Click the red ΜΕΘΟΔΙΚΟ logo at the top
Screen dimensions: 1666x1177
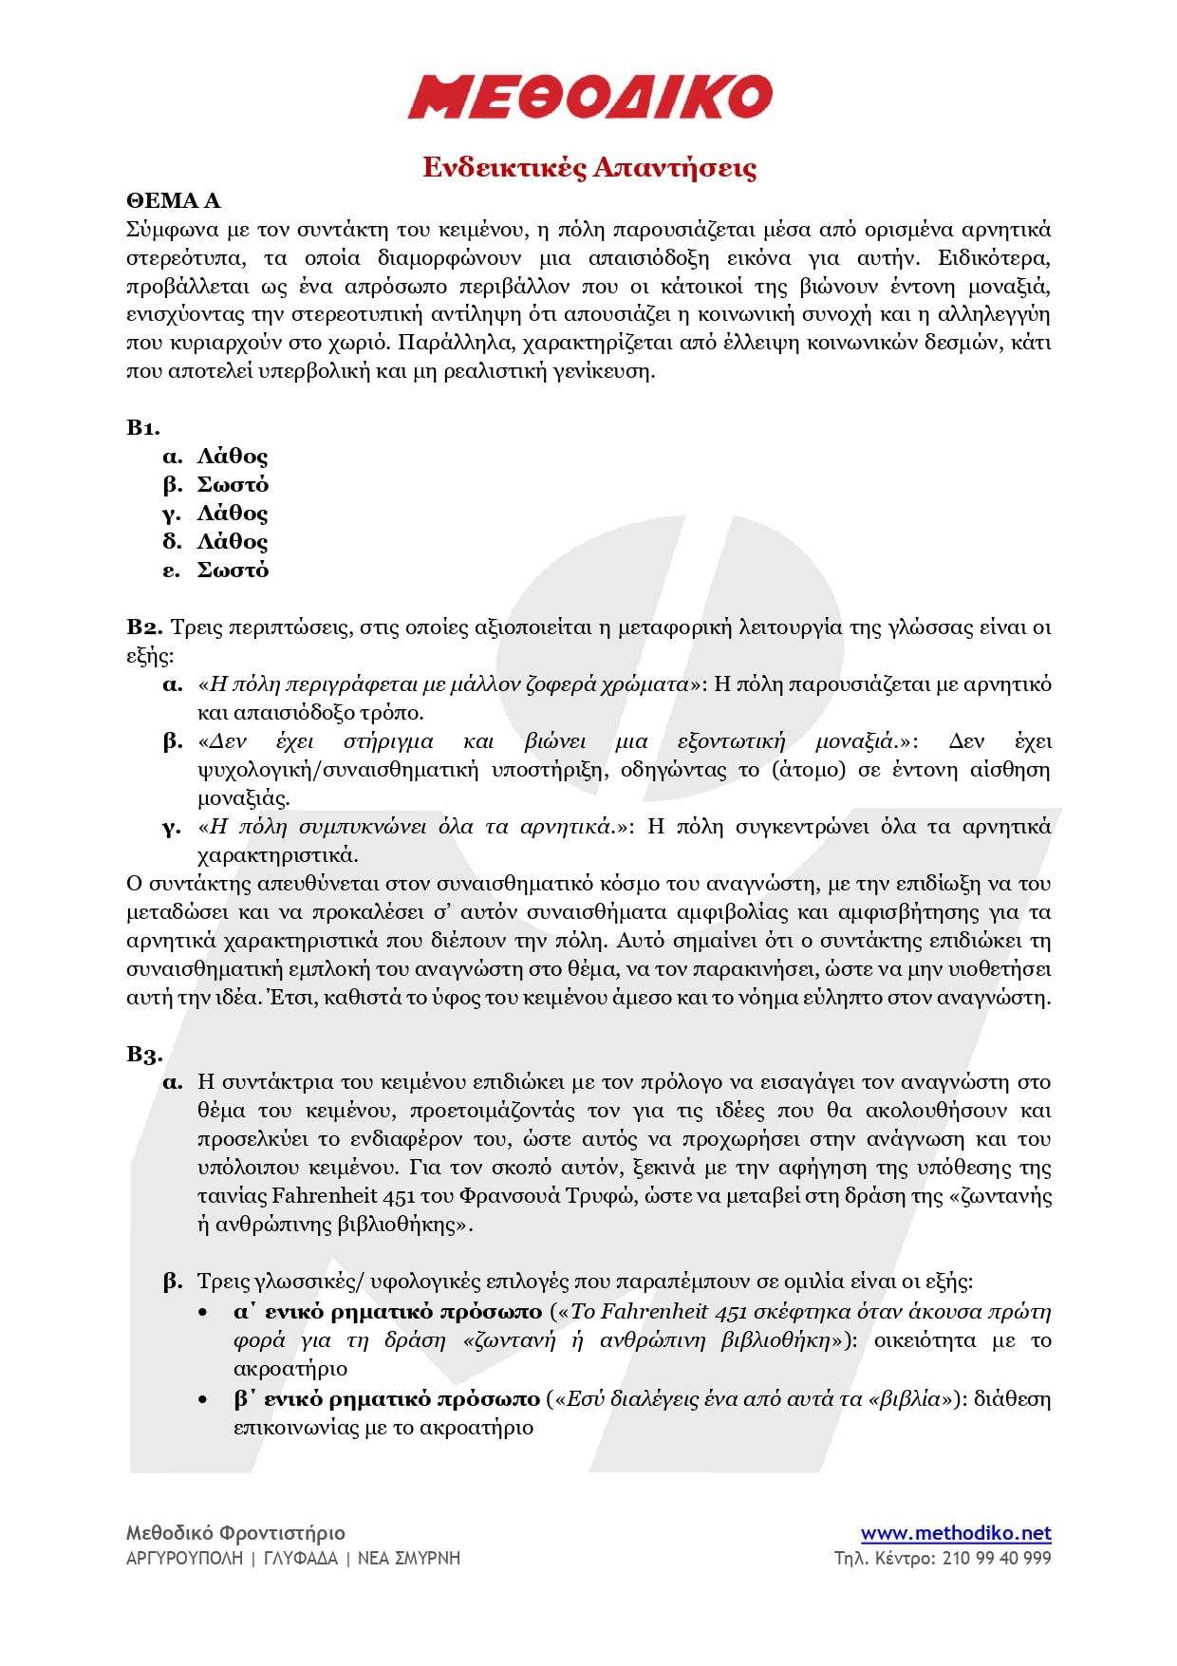pos(589,96)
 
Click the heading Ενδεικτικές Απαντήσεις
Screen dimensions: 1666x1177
pos(589,168)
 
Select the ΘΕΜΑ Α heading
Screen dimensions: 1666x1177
pos(173,200)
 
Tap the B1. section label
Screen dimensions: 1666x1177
pos(143,427)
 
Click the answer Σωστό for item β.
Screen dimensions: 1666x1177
pos(233,485)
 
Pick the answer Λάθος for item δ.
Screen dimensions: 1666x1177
pos(233,542)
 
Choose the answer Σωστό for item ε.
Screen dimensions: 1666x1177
pos(233,571)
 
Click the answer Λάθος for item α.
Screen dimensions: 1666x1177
pos(233,457)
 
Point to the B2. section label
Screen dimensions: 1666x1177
pos(145,627)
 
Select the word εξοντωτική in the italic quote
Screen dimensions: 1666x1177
pos(731,741)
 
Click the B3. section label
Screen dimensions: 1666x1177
pos(144,1055)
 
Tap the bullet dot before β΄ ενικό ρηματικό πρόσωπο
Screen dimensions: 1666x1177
pos(203,1399)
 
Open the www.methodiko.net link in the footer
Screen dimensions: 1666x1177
pos(955,1533)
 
